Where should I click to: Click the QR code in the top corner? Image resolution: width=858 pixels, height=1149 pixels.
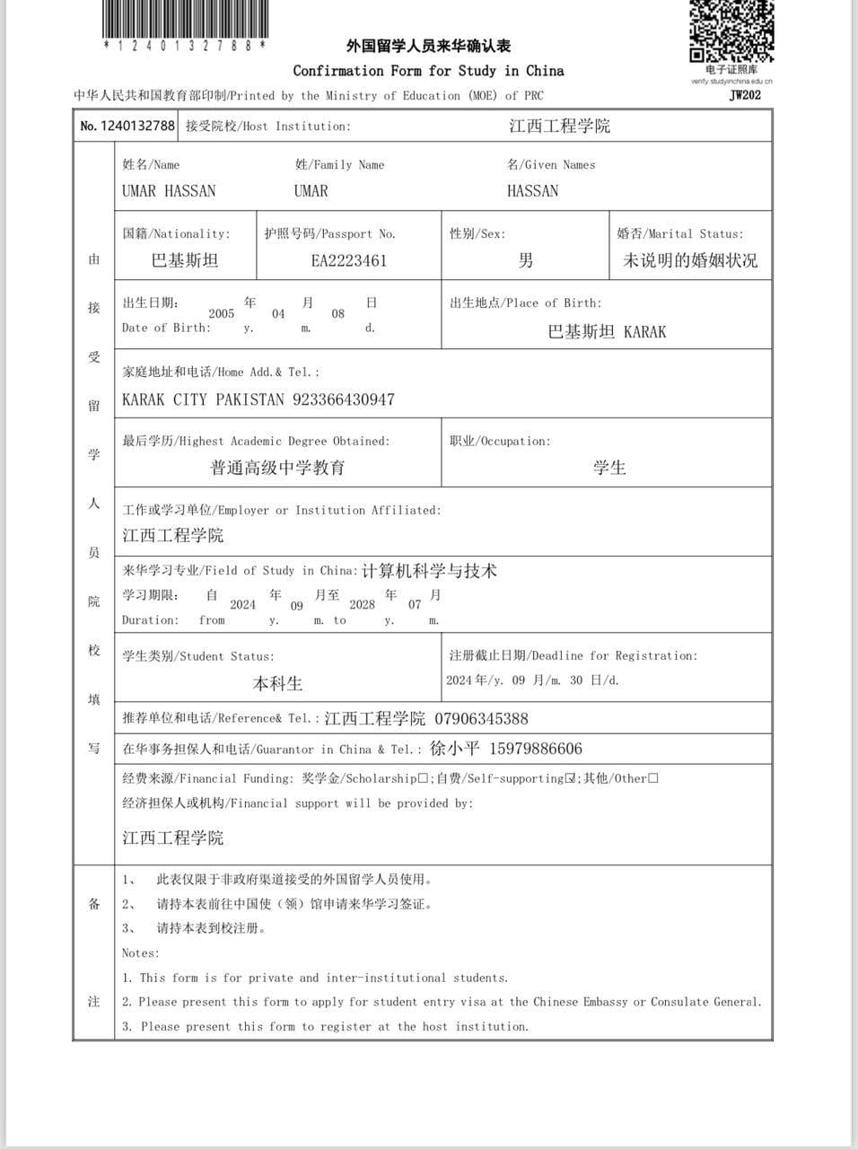(x=731, y=31)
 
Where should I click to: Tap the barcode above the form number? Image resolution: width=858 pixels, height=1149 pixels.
(x=184, y=17)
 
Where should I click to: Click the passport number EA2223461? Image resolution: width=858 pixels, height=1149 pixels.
(x=349, y=260)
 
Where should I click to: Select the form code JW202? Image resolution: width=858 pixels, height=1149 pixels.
(x=745, y=94)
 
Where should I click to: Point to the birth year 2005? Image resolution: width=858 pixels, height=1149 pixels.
(x=221, y=313)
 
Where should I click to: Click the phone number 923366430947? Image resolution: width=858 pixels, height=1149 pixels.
(x=344, y=399)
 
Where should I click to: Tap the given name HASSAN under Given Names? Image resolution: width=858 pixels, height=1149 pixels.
(x=532, y=191)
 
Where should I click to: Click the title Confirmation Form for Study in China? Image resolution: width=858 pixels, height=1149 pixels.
(x=428, y=71)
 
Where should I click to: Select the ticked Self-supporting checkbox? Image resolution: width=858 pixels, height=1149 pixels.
(x=570, y=778)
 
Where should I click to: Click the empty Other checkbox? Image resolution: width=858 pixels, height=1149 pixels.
(x=652, y=778)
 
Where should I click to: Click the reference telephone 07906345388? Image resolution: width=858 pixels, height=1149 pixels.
(x=481, y=719)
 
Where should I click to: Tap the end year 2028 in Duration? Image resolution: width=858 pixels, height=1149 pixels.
(x=362, y=604)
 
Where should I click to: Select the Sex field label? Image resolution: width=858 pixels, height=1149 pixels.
(x=477, y=234)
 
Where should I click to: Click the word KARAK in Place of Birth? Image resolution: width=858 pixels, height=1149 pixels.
(x=644, y=332)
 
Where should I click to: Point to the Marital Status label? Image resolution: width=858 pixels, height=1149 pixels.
(x=680, y=234)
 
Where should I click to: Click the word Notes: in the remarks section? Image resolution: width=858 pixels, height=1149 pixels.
(x=141, y=953)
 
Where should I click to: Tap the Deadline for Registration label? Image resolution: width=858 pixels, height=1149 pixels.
(x=573, y=656)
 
